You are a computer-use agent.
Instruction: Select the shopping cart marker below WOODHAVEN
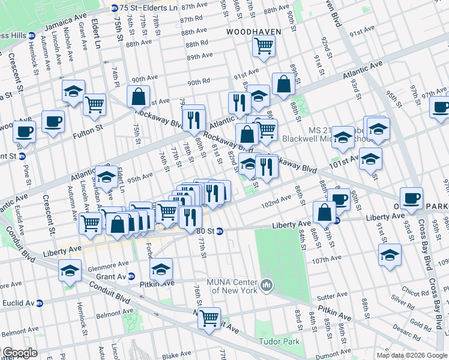point(264,46)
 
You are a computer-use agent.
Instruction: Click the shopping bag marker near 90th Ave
point(139,97)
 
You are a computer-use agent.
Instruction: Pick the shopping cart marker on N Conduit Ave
point(209,318)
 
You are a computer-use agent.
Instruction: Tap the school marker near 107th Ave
point(390,254)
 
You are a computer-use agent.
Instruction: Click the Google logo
point(20,353)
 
